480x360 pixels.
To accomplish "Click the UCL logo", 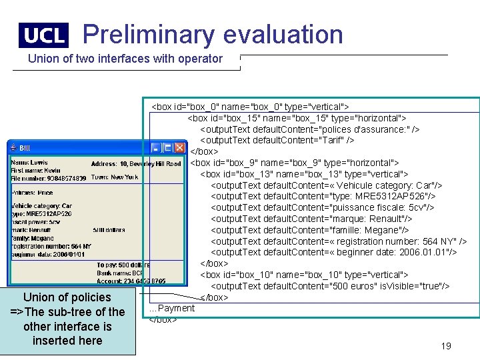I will (43, 35).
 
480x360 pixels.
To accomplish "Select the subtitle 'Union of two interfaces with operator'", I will (125, 59).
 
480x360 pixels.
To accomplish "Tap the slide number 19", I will (446, 345).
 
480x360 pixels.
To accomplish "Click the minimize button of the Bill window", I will (156, 147).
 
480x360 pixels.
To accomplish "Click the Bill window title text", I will (25, 148).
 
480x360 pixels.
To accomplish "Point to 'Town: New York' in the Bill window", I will (115, 177).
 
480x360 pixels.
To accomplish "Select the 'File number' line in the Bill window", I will (49, 178).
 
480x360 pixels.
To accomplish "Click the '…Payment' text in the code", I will (172, 308).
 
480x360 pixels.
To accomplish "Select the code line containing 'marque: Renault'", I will (311, 219).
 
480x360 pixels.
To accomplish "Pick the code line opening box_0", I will (251, 107).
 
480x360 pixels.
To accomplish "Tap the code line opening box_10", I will (304, 275).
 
